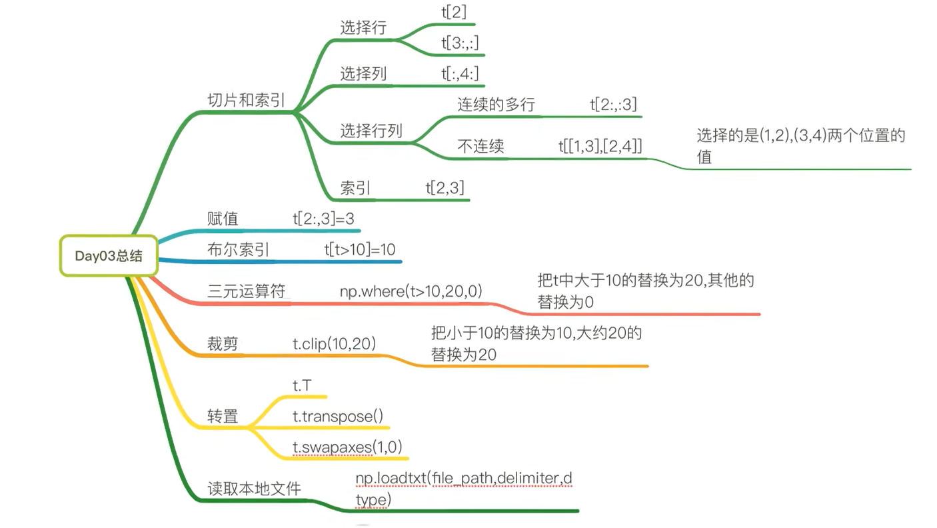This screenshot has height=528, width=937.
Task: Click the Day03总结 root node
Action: tap(109, 256)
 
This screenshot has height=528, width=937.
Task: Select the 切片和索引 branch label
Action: tap(246, 100)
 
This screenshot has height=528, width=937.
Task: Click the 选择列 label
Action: tap(363, 73)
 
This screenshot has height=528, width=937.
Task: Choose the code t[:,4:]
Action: tap(460, 73)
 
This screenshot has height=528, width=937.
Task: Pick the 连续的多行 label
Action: tap(496, 105)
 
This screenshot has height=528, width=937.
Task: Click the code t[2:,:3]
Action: tap(613, 105)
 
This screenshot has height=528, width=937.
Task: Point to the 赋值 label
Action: tap(223, 219)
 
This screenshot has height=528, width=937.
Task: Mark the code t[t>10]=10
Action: tap(360, 250)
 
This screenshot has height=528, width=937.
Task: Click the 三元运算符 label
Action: tap(246, 291)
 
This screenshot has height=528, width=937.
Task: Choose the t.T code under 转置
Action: tap(302, 385)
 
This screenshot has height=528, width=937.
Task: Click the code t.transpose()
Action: tap(338, 417)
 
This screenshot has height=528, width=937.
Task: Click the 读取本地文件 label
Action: tap(254, 489)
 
